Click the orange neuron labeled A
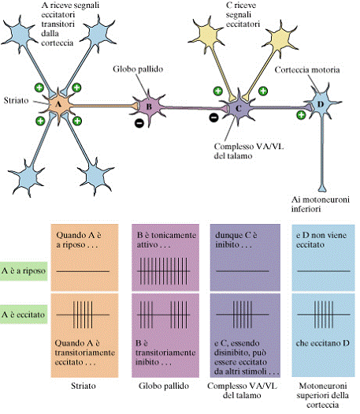pyautogui.click(x=59, y=105)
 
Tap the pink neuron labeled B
pyautogui.click(x=149, y=106)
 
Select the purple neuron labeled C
pyautogui.click(x=239, y=108)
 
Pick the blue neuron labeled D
pyautogui.click(x=321, y=105)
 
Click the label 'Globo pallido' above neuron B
pyautogui.click(x=138, y=69)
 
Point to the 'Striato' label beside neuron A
pyautogui.click(x=16, y=100)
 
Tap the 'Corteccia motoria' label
pyautogui.click(x=307, y=70)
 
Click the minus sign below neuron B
pyautogui.click(x=139, y=122)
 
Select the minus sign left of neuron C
pyautogui.click(x=213, y=117)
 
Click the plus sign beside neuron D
pyautogui.click(x=301, y=115)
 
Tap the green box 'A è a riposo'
pyautogui.click(x=24, y=271)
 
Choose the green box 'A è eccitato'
pyautogui.click(x=24, y=315)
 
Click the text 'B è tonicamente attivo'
pyautogui.click(x=166, y=240)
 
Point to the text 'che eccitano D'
pyautogui.click(x=322, y=343)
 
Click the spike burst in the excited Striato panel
pyautogui.click(x=83, y=315)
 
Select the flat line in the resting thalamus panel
pyautogui.click(x=243, y=271)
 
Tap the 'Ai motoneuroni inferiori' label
pyautogui.click(x=320, y=204)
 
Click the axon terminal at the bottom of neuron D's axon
pyautogui.click(x=322, y=188)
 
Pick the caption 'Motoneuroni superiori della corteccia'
pyautogui.click(x=322, y=396)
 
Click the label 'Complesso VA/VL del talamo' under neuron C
pyautogui.click(x=249, y=151)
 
